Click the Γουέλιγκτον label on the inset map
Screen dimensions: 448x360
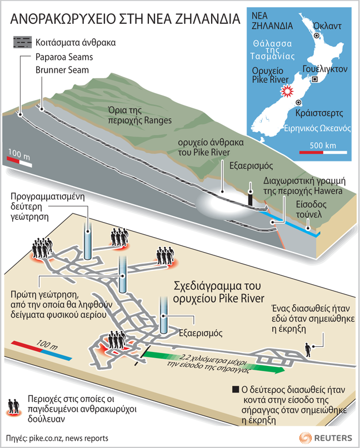point(325,69)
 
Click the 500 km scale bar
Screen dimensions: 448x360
point(323,151)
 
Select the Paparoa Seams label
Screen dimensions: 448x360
point(63,57)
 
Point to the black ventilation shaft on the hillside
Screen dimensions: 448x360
point(250,198)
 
